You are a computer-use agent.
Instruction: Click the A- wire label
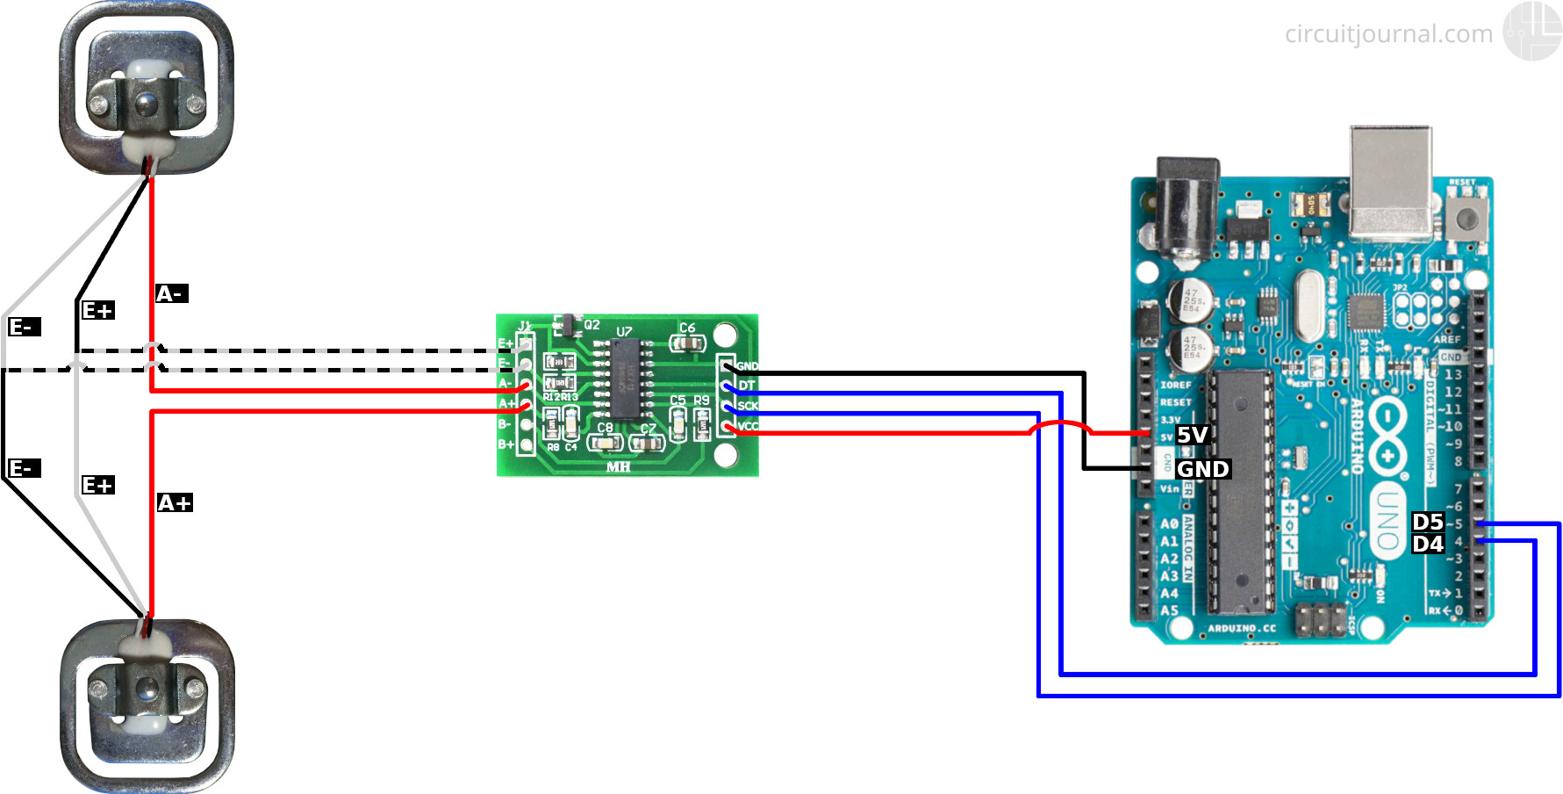(x=171, y=293)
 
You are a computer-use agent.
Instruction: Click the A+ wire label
(x=174, y=502)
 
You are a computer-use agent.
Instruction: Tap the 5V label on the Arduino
(x=1192, y=435)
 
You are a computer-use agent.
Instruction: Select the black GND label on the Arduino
(x=1202, y=469)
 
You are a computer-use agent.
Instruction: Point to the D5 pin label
(x=1428, y=522)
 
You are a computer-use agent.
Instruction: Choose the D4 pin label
(x=1428, y=544)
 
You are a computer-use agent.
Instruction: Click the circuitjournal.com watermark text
(x=1388, y=34)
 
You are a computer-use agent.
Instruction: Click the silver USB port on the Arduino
(x=1391, y=182)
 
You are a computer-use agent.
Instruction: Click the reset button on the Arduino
(x=1466, y=215)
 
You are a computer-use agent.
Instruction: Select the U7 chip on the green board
(x=625, y=378)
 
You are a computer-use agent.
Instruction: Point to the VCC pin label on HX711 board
(x=748, y=426)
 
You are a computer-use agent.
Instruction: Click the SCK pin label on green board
(x=748, y=406)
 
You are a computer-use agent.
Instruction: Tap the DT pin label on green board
(x=747, y=386)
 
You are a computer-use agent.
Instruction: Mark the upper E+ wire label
(x=97, y=310)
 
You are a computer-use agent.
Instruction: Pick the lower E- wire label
(x=24, y=468)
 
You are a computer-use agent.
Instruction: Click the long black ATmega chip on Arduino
(x=1243, y=492)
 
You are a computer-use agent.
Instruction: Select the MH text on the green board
(x=619, y=467)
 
